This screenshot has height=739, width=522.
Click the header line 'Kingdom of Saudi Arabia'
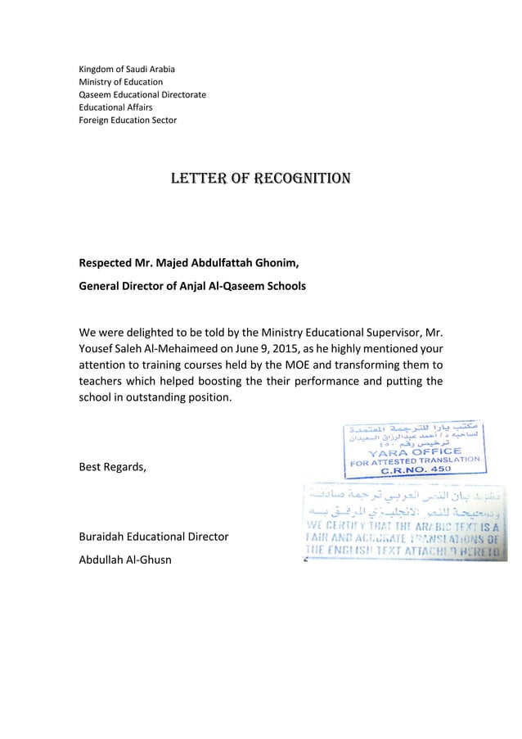[126, 68]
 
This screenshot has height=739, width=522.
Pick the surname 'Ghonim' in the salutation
[273, 263]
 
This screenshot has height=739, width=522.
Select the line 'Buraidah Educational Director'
[153, 537]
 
